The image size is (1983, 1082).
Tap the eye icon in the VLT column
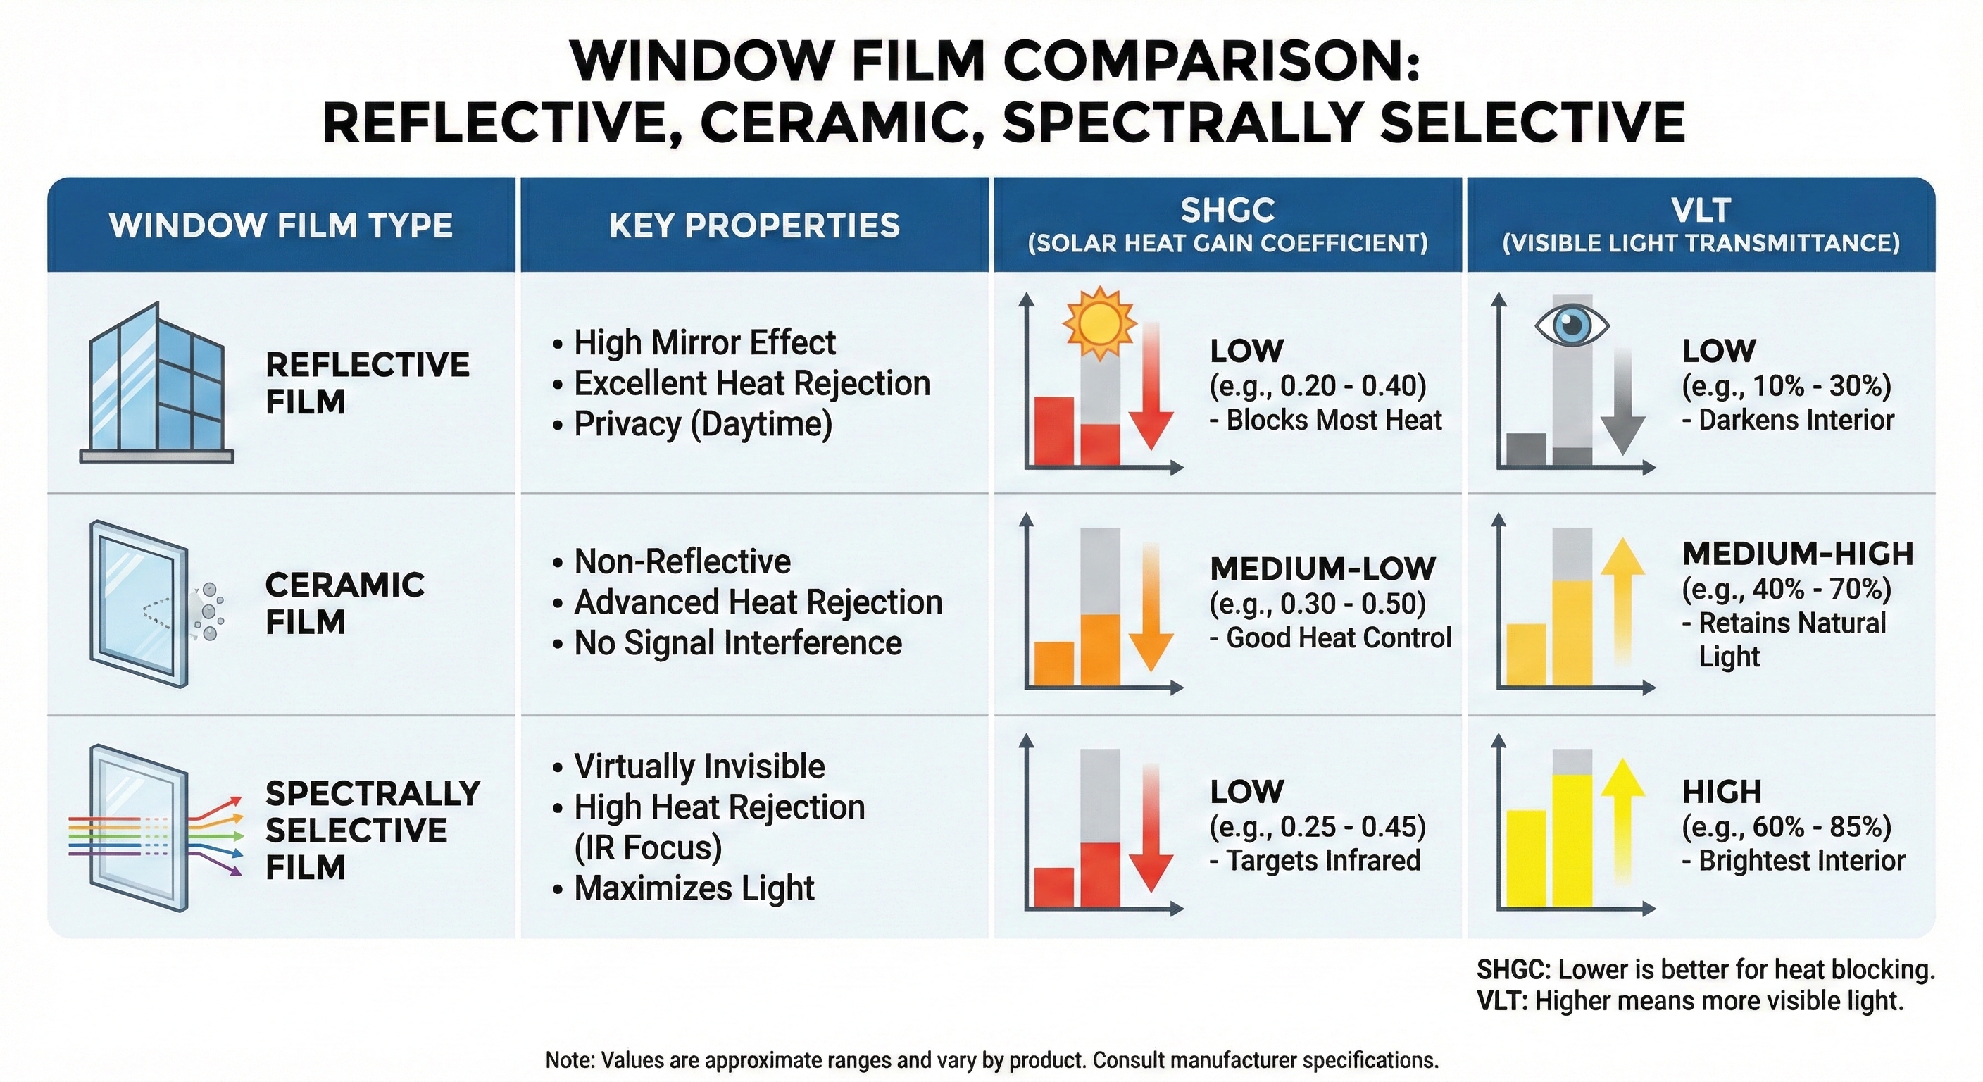tap(1571, 325)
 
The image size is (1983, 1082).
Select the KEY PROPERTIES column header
tap(753, 225)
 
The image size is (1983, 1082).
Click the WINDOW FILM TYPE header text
tap(281, 225)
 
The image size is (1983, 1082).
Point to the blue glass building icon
tap(156, 383)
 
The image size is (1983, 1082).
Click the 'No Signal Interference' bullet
tap(737, 643)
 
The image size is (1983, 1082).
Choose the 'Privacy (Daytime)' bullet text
tap(702, 424)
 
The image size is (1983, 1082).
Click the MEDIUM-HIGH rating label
tap(1798, 554)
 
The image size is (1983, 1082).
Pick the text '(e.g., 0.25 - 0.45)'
tap(1317, 826)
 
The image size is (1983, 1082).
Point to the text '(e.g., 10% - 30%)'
tap(1786, 385)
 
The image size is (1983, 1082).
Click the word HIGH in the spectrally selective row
tap(1721, 792)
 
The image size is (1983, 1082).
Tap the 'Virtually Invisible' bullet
tap(699, 766)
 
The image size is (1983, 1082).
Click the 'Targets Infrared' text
tap(1321, 860)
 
